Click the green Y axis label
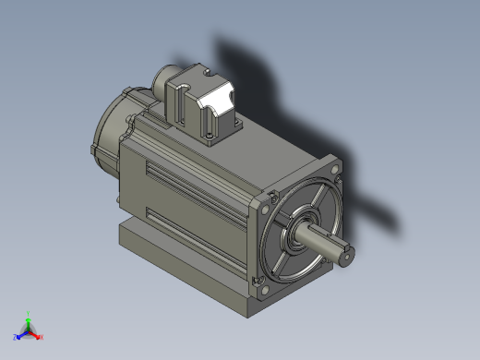coord(28,314)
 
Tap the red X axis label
coord(42,337)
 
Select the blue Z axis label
coord(16,338)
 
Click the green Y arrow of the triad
coord(28,321)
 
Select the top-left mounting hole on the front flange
coord(271,197)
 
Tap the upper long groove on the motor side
coord(198,180)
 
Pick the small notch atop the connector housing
coord(207,70)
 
